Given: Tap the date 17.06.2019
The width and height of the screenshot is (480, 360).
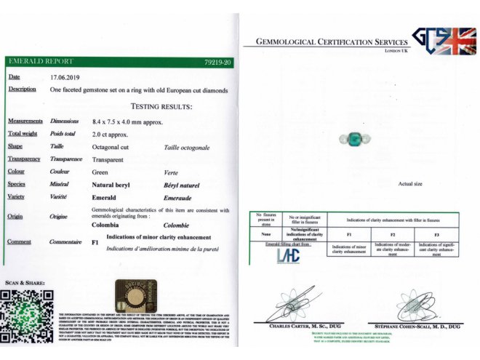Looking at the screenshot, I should click(x=65, y=76).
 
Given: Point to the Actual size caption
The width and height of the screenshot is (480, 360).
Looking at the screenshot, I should click(x=411, y=184).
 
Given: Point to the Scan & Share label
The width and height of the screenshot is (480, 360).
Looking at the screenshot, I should click(x=25, y=282).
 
